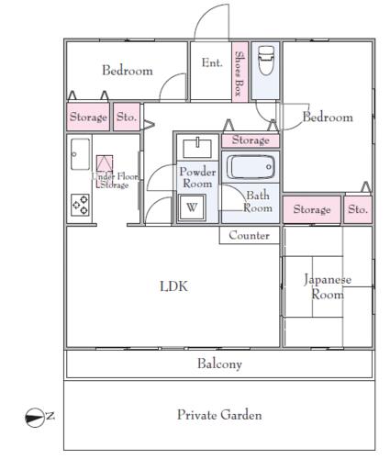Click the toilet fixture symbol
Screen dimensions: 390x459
pos(266,61)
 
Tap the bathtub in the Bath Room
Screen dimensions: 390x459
pos(251,167)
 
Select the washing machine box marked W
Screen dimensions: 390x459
pos(192,207)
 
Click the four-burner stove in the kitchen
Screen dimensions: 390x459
pos(80,205)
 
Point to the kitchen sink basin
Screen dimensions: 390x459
pos(80,154)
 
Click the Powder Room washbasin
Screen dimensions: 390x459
pos(197,148)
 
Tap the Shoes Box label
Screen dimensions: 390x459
pos(240,73)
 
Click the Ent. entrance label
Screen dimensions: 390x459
pos(212,62)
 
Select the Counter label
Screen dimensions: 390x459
pos(249,235)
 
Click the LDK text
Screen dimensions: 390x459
pos(173,286)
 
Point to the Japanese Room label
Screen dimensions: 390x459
pos(328,286)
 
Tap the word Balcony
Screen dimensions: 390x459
pos(219,364)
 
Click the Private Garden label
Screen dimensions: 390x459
pos(219,415)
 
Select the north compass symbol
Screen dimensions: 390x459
pos(35,418)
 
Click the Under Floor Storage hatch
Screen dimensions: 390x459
pos(105,172)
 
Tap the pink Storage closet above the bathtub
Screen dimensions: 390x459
pos(251,140)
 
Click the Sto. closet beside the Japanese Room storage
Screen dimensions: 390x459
pos(358,209)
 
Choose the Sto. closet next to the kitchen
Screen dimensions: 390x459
pos(127,117)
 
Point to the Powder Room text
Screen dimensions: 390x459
pos(197,177)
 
